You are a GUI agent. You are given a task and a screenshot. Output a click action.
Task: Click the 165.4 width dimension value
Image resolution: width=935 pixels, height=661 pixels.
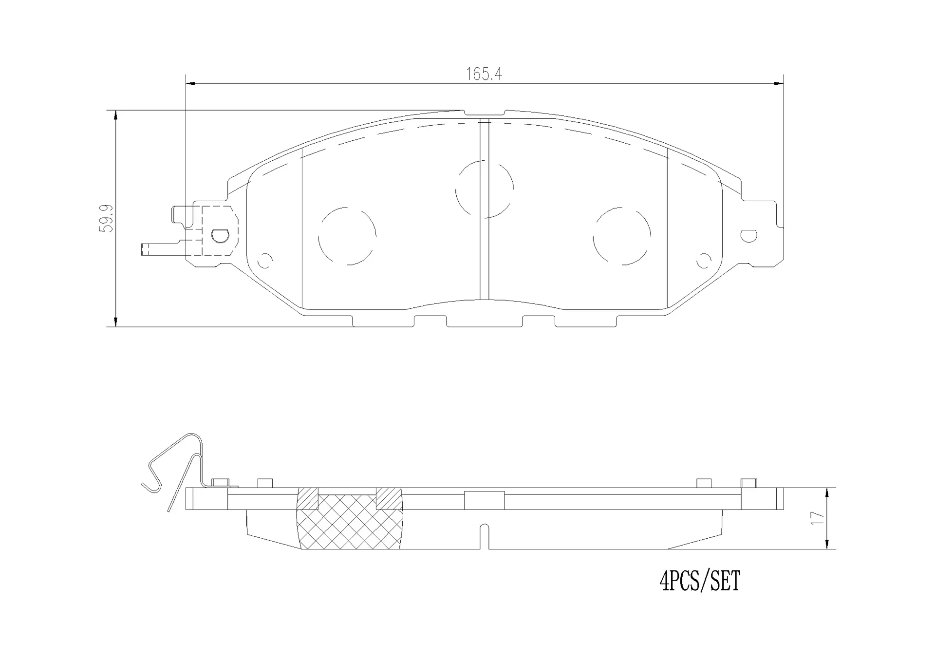click(484, 75)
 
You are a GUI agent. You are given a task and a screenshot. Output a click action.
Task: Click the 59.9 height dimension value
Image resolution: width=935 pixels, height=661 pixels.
click(106, 218)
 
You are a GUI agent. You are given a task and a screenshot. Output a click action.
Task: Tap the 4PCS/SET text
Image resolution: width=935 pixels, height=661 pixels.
click(699, 581)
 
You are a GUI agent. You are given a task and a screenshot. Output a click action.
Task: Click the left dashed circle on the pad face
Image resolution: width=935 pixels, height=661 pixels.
click(347, 236)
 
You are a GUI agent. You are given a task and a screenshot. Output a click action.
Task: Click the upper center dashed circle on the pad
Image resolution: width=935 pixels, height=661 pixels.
click(484, 189)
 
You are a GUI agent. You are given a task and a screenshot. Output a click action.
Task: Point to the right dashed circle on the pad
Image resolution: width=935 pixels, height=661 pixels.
click(622, 236)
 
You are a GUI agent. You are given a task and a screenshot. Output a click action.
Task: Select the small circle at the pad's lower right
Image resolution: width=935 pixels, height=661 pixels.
click(704, 261)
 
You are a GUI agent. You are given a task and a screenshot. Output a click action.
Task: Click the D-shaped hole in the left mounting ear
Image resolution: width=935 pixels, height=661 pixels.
click(220, 236)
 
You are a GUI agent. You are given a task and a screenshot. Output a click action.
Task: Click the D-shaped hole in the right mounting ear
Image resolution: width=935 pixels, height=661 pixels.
click(748, 236)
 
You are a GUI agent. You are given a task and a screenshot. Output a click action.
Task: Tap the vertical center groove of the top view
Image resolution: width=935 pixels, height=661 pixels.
click(484, 209)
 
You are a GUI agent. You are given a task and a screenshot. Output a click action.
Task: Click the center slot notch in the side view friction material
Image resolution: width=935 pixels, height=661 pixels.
click(484, 536)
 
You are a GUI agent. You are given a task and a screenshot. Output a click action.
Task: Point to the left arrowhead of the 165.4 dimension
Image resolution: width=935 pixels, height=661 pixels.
click(190, 84)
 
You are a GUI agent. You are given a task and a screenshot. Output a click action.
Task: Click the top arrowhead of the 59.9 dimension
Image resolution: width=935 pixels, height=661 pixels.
click(115, 115)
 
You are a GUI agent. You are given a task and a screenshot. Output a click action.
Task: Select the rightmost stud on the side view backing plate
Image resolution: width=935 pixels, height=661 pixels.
click(748, 483)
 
